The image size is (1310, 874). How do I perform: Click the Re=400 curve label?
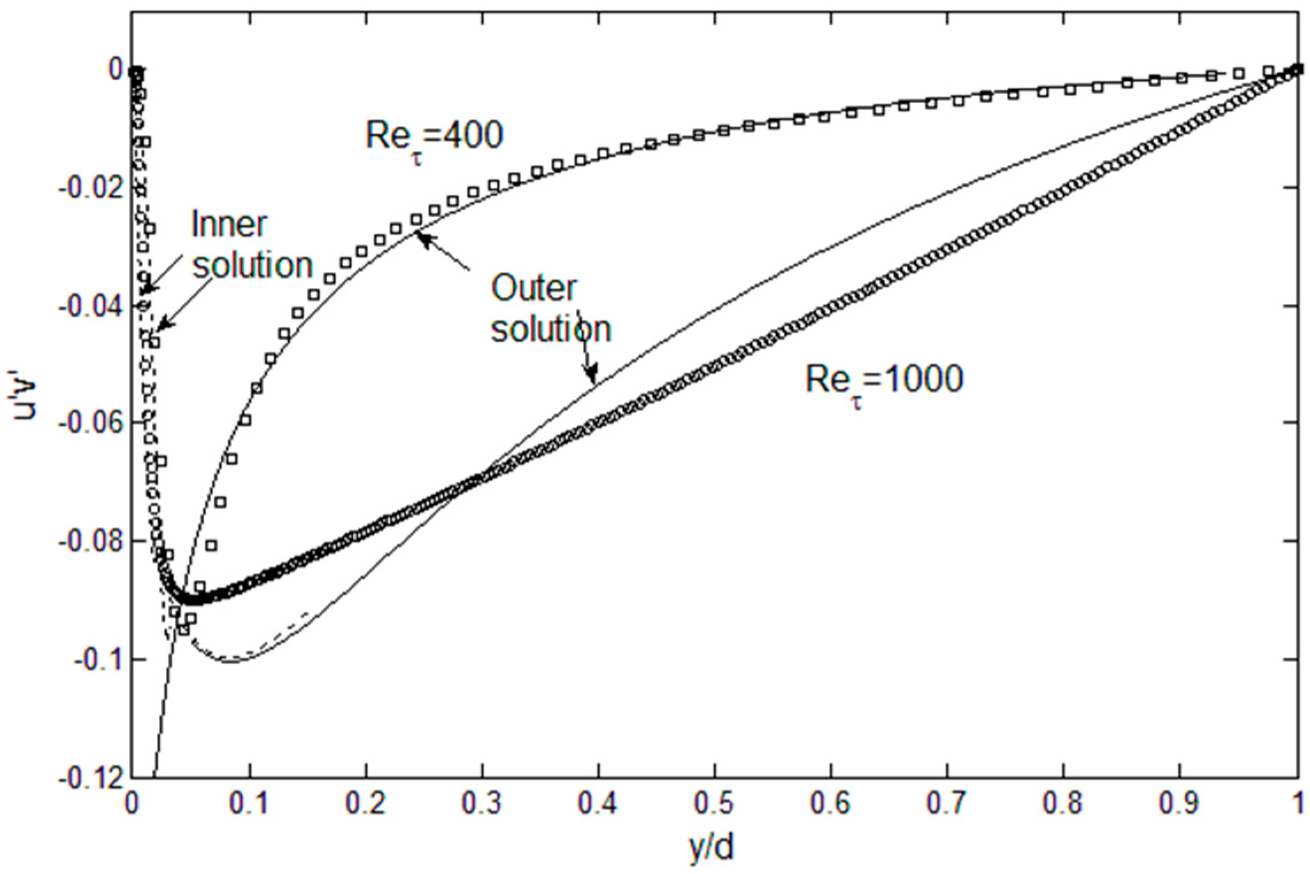point(434,137)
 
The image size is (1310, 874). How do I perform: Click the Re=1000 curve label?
point(883,380)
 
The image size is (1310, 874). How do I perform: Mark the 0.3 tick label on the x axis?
point(481,803)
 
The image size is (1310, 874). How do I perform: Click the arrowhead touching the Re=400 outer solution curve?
point(422,237)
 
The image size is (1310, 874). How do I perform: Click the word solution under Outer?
point(551,330)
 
